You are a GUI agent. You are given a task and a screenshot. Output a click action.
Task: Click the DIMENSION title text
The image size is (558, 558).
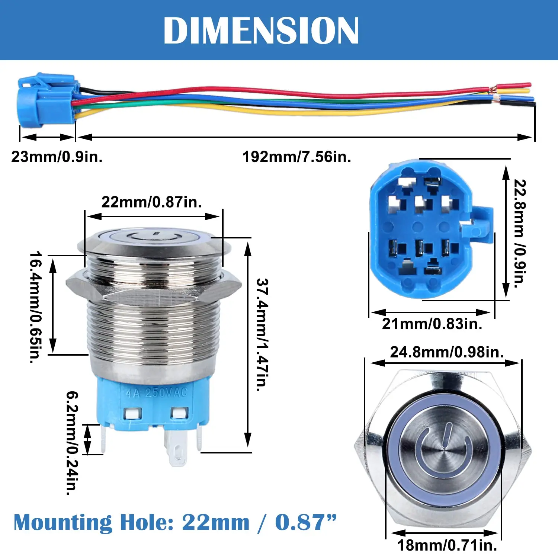261,31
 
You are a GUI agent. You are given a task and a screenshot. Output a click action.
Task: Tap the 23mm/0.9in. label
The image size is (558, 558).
57,157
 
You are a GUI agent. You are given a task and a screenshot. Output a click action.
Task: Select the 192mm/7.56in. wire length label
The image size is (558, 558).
296,157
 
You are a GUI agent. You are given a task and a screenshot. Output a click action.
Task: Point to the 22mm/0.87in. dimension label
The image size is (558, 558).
151,202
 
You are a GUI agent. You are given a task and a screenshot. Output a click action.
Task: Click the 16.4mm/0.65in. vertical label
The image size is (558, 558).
36,307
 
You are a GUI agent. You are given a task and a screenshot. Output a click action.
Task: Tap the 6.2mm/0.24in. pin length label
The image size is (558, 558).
72,443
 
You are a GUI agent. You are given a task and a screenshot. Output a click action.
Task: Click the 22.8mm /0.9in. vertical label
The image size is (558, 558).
520,233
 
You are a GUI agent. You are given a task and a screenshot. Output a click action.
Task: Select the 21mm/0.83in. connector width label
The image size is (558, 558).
432,324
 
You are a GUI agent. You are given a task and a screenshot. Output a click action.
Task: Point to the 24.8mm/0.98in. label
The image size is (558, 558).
446,352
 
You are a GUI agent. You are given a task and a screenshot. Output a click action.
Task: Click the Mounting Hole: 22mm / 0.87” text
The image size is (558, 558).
175,522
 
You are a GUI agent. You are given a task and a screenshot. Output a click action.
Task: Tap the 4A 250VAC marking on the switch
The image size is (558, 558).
156,393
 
